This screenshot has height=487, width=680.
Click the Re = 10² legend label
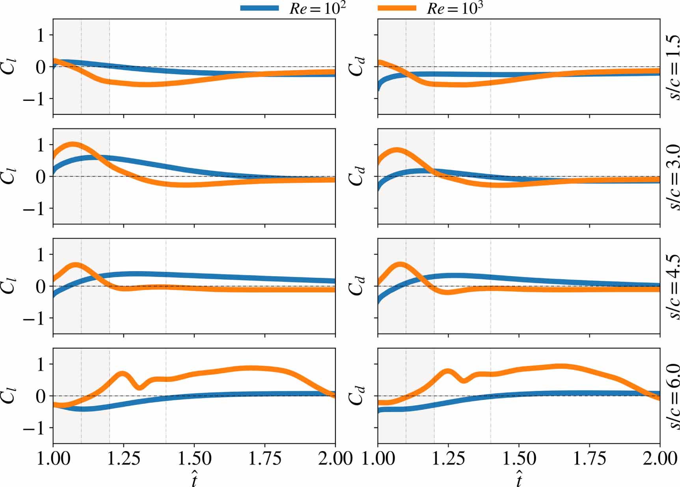[317, 8]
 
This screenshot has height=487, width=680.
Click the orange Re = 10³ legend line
[397, 8]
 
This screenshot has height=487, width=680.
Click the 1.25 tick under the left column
[123, 458]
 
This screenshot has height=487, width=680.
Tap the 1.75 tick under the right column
[589, 458]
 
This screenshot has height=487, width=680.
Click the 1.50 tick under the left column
[194, 458]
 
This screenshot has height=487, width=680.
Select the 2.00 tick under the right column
[660, 458]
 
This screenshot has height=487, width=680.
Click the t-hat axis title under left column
[194, 479]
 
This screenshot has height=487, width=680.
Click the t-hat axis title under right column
[519, 479]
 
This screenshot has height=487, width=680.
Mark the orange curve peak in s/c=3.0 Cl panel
[73, 145]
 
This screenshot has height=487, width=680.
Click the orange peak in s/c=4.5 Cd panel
[400, 264]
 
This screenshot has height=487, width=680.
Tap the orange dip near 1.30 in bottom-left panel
[139, 388]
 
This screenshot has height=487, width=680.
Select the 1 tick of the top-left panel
[41, 35]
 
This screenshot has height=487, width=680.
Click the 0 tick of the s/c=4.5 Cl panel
[41, 286]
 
